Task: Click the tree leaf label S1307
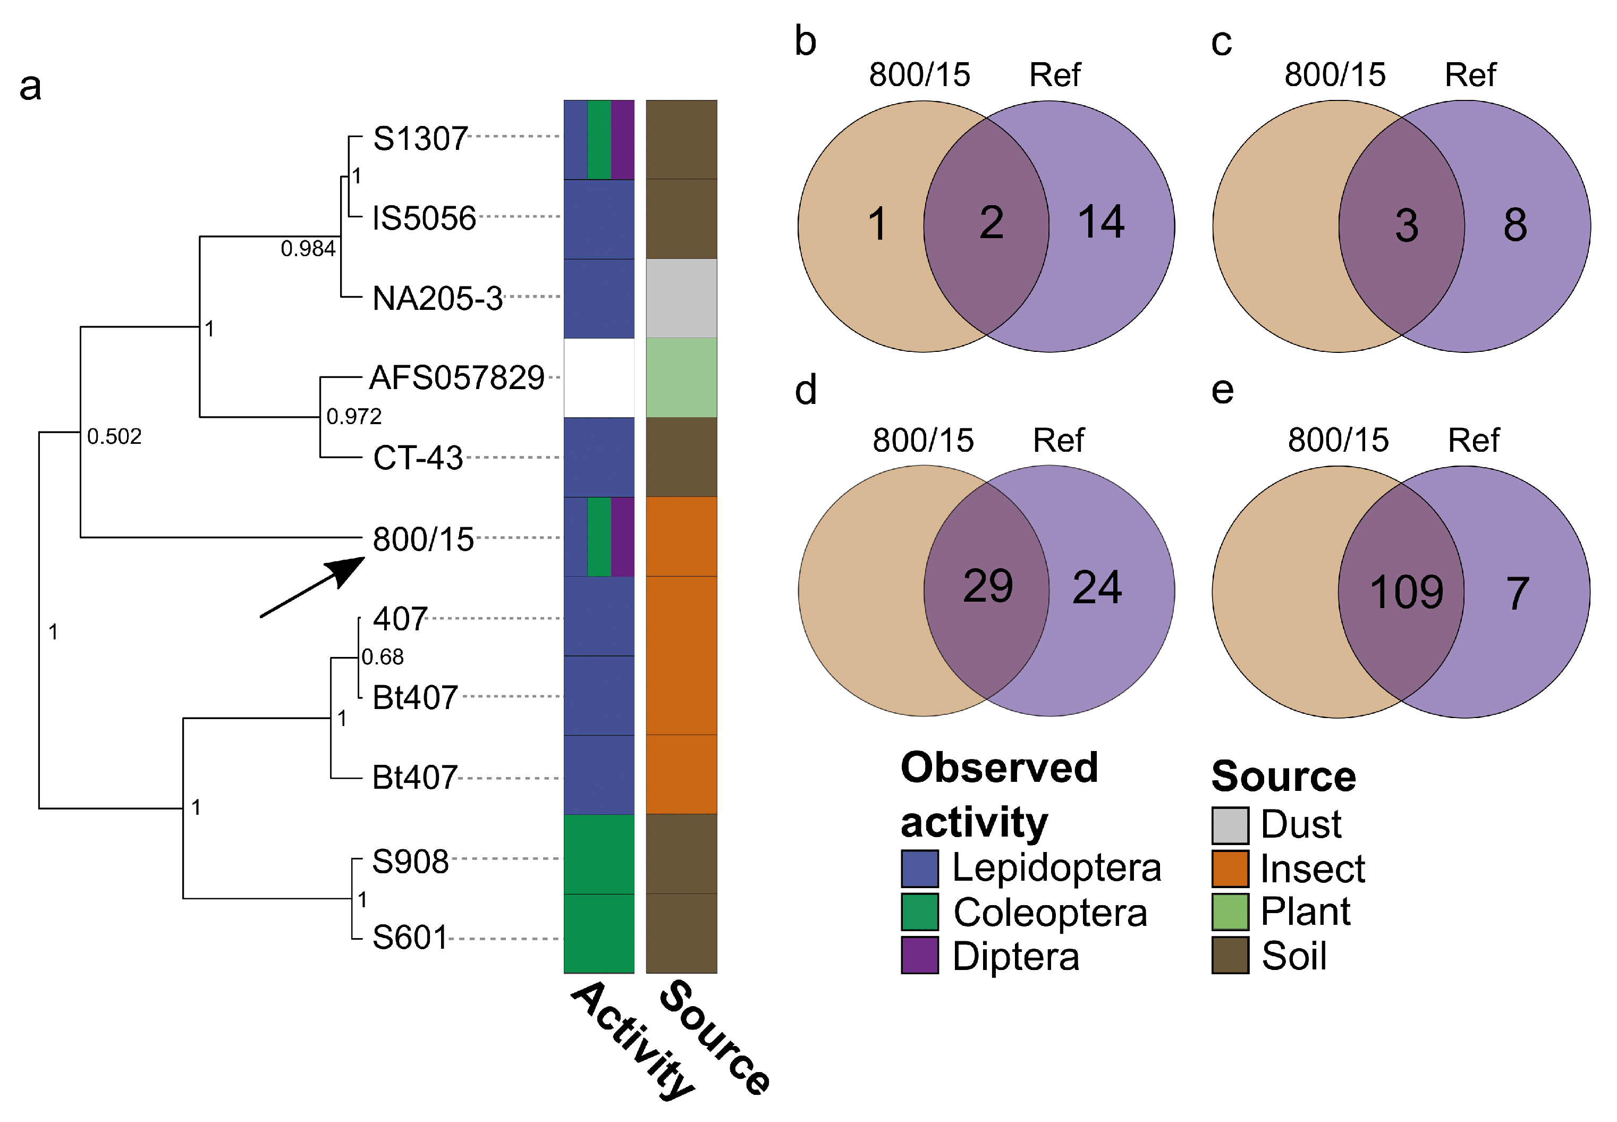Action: click(x=420, y=139)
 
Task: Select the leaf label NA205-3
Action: click(x=437, y=298)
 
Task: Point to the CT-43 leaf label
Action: click(x=418, y=458)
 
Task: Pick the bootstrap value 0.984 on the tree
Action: click(x=308, y=248)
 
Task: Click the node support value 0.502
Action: click(x=114, y=436)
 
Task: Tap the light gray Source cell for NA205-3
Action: click(x=681, y=298)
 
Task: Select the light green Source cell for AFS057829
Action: click(x=681, y=377)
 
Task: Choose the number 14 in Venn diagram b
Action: click(x=1100, y=222)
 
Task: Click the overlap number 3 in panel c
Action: click(x=1406, y=226)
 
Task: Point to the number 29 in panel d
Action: click(x=987, y=586)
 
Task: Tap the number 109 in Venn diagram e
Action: click(x=1406, y=592)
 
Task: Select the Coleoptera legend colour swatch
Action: click(x=919, y=912)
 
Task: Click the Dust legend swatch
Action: click(x=1230, y=825)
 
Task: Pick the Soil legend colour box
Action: click(x=1230, y=955)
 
